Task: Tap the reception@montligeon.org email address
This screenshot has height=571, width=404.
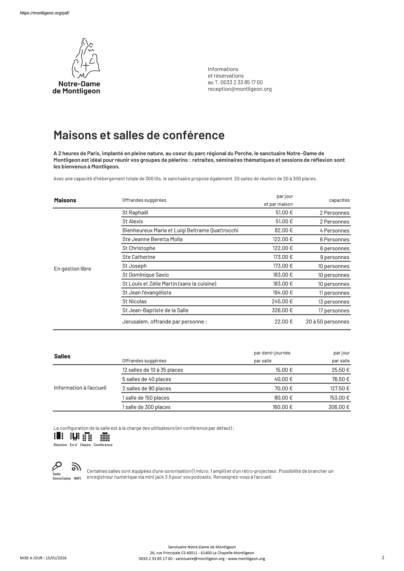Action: pyautogui.click(x=239, y=89)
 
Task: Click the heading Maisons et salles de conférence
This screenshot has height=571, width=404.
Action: pyautogui.click(x=139, y=135)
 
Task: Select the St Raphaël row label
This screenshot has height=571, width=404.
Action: pyautogui.click(x=135, y=213)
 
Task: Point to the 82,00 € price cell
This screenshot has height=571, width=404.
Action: pyautogui.click(x=284, y=230)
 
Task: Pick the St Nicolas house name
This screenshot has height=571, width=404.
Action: pyautogui.click(x=134, y=301)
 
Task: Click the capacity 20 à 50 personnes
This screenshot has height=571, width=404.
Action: pyautogui.click(x=327, y=322)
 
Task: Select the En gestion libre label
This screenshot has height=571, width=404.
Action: pyautogui.click(x=72, y=269)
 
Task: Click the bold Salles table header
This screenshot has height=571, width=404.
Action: pyautogui.click(x=62, y=356)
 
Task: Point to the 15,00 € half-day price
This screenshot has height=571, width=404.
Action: pyautogui.click(x=284, y=370)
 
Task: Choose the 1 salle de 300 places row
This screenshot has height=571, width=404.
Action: pyautogui.click(x=146, y=407)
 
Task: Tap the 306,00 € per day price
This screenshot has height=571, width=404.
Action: pyautogui.click(x=339, y=407)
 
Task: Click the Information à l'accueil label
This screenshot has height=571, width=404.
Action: pyautogui.click(x=80, y=388)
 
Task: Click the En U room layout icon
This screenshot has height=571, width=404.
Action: pyautogui.click(x=74, y=436)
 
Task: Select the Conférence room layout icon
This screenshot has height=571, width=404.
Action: pyautogui.click(x=105, y=436)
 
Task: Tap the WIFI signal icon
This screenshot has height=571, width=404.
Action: pyautogui.click(x=76, y=467)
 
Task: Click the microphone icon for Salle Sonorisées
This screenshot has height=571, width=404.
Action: pyautogui.click(x=57, y=467)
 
